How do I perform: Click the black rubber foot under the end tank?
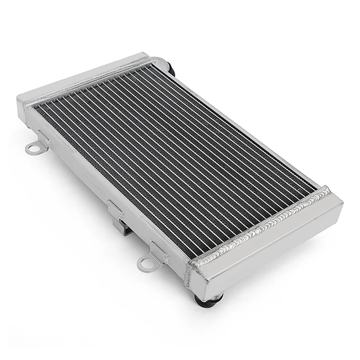pos(208,300)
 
